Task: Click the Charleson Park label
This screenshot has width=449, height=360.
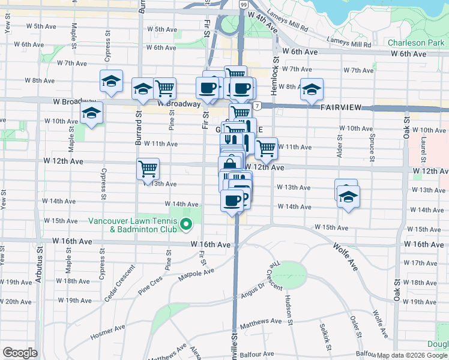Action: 416,43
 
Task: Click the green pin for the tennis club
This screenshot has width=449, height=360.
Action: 186,226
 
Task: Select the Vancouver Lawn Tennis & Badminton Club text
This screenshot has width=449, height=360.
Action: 133,225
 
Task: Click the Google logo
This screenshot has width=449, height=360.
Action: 20,353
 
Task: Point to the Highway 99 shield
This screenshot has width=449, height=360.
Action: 243,5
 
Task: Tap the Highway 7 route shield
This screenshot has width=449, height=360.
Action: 256,106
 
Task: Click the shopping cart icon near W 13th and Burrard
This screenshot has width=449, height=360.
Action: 148,169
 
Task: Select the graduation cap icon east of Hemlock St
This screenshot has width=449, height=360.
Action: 312,89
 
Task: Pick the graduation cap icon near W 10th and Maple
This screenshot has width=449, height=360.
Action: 91,113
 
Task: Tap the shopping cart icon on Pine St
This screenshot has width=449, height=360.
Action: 164,88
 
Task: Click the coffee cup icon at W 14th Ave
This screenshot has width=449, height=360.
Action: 232,200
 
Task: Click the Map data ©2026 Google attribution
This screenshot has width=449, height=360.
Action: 412,355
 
